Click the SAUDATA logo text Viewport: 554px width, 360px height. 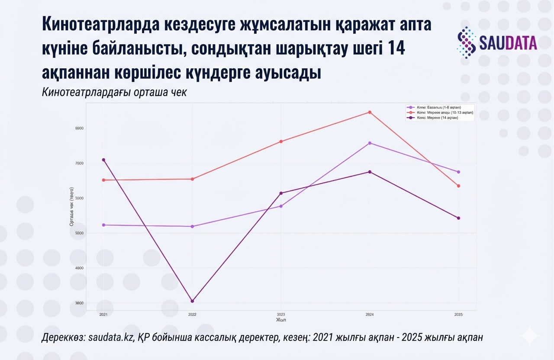[508, 42]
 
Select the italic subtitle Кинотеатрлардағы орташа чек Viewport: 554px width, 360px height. [114, 93]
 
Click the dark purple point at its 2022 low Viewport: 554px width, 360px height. [192, 301]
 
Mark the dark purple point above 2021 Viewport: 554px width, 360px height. [103, 160]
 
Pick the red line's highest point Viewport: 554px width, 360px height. [370, 112]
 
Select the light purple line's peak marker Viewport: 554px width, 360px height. [370, 143]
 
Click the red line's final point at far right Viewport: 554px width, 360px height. [458, 186]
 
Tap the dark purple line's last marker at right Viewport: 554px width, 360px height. [458, 218]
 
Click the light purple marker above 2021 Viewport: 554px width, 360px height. [103, 225]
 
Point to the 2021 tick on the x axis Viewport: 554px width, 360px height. [103, 315]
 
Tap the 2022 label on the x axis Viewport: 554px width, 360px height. [192, 315]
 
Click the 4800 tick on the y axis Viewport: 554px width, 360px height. [79, 268]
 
